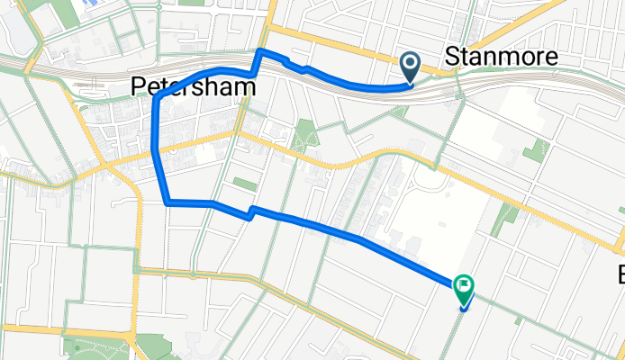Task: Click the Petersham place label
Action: coord(190,86)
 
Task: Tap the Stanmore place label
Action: coord(502,58)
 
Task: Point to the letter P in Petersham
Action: coord(138,86)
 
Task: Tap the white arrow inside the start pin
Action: coord(410,63)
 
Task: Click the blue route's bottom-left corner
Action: coord(168,202)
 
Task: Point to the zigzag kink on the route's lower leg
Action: coord(250,212)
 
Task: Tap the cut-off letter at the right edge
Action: coord(620,273)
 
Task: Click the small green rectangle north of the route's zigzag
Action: coord(244,184)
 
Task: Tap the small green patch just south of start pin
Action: coord(401,111)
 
